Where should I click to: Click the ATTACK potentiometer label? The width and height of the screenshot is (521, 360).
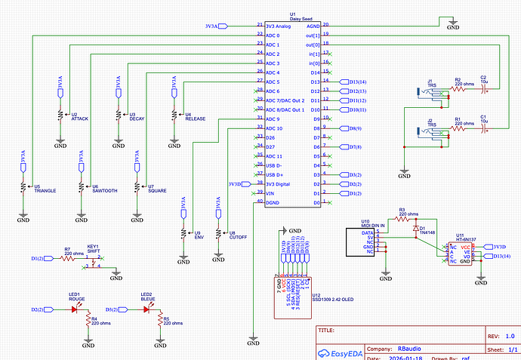79,118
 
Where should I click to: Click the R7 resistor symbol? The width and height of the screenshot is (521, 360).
67,258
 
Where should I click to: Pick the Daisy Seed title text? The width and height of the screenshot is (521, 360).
292,19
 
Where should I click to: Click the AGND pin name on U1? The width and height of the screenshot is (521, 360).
311,26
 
